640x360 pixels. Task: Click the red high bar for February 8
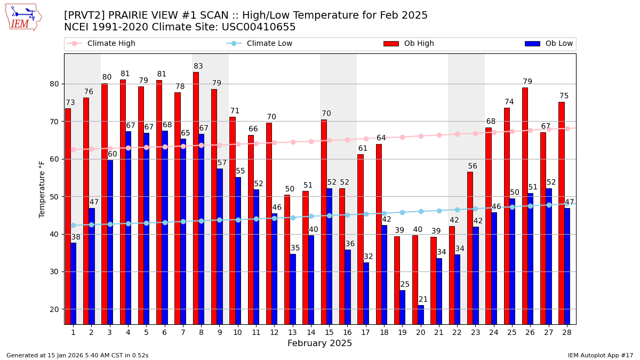[x=196, y=197]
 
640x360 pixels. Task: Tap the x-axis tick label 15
[x=329, y=332]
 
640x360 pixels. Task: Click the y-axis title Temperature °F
[x=42, y=189]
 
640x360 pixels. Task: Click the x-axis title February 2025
[x=319, y=343]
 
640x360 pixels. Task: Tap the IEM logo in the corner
[x=23, y=17]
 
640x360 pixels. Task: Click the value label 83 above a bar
[x=198, y=67]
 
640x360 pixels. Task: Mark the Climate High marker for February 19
[x=402, y=137]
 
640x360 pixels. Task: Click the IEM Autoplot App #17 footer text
[x=601, y=355]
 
